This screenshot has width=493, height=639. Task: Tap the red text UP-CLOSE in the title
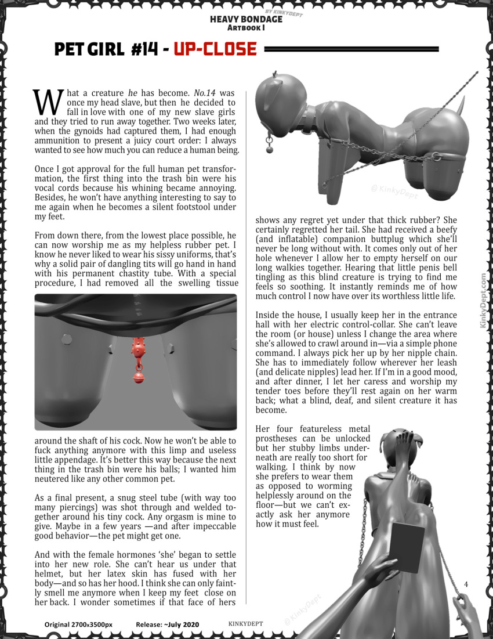(x=215, y=49)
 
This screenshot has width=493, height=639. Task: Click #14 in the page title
(x=144, y=49)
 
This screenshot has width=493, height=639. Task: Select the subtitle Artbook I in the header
(x=246, y=27)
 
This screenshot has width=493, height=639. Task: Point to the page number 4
(x=466, y=583)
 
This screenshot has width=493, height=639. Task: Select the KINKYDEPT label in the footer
(x=246, y=623)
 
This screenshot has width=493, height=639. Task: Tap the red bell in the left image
(x=139, y=378)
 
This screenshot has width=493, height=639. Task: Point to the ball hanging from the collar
(x=269, y=149)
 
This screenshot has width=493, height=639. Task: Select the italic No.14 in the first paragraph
(x=206, y=93)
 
